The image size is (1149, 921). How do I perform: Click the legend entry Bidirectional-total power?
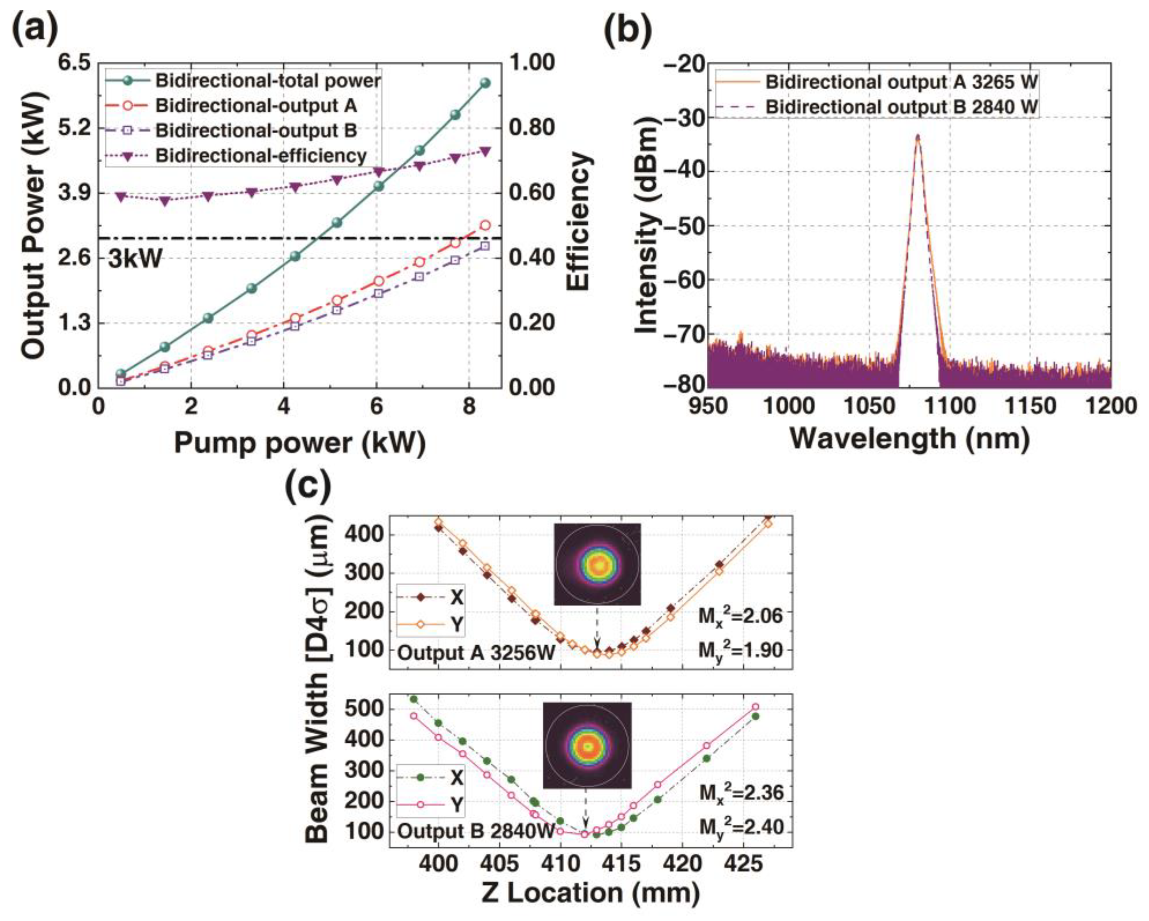268,81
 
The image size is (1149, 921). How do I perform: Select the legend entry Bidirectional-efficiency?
261,156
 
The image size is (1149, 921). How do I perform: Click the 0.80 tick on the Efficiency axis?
533,128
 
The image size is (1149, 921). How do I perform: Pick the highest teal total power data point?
485,83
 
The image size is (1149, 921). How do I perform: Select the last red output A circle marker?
485,226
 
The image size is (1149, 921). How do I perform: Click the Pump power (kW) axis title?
299,443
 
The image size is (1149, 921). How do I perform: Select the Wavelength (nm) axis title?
909,439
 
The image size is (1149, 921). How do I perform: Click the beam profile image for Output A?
597,564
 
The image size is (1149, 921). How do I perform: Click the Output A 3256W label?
476,653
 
